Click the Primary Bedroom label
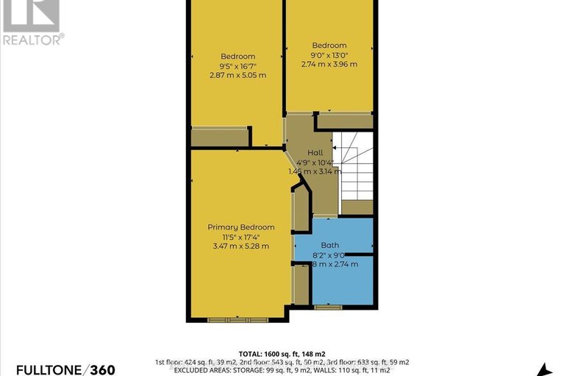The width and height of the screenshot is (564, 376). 240,227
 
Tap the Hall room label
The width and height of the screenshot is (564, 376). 315,152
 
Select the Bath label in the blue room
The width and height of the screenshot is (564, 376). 329,245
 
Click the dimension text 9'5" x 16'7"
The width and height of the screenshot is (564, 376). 238,66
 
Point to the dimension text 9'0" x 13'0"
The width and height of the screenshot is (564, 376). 329,54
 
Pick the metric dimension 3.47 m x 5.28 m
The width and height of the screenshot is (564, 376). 240,246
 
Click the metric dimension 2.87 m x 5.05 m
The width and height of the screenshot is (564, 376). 238,76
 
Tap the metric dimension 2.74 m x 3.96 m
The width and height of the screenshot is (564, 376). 329,64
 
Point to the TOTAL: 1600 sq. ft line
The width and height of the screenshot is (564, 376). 282,352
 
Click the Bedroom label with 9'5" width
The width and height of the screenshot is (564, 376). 238,57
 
